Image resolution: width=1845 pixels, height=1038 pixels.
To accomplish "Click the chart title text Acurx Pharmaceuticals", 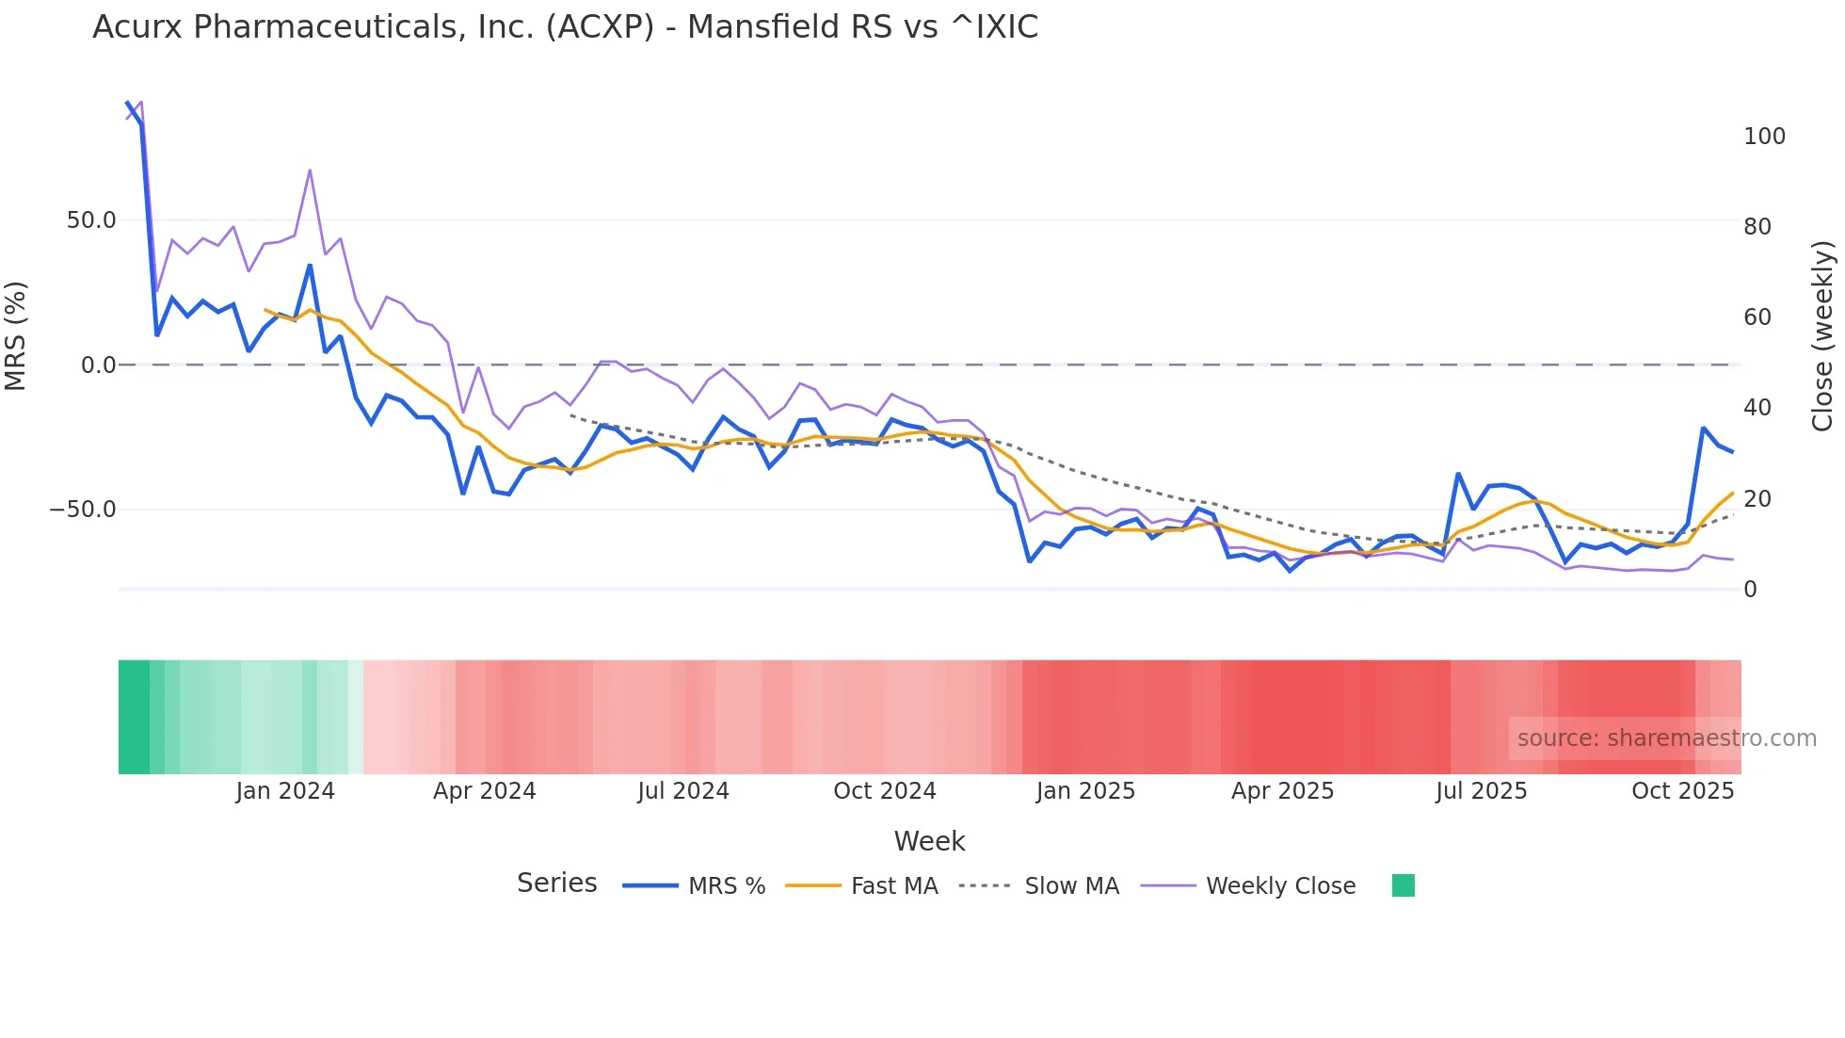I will coord(565,27).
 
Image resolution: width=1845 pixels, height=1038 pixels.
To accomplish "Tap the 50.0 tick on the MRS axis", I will coord(91,220).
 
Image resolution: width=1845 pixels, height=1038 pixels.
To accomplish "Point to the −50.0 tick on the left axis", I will coord(83,510).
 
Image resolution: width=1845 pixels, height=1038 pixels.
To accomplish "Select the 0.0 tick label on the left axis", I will coord(98,365).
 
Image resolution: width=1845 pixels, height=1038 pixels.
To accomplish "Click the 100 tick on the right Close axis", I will coord(1764,137).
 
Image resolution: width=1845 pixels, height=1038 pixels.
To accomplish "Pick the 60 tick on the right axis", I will coord(1757,317).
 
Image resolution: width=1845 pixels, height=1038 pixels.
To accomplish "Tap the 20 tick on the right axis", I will coord(1757,499).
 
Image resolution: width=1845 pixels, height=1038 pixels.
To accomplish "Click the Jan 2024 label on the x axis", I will coord(285,791).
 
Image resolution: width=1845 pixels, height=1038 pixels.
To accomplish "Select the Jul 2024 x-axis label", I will coord(683,791).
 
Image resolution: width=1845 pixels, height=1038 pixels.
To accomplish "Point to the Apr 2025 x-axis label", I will coord(1282,791).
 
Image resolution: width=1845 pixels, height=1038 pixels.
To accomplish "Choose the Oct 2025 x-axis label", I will coord(1682,791).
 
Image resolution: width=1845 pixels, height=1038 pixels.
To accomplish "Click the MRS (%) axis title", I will coord(16,335).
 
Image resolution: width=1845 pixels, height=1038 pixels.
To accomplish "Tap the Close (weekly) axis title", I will coord(1822,335).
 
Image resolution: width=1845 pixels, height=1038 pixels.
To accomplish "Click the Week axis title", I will coord(929,841).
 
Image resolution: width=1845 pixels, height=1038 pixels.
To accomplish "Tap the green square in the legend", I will coord(1403,885).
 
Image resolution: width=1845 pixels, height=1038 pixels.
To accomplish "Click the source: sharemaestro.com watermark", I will coord(1666,738).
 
